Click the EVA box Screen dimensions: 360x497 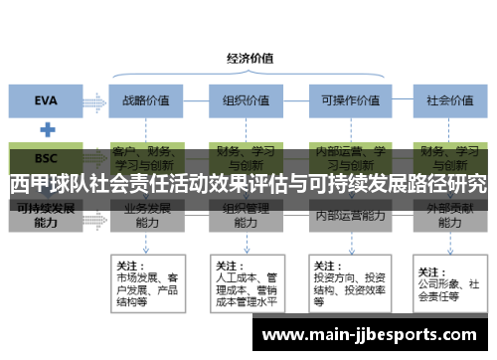pyautogui.click(x=46, y=99)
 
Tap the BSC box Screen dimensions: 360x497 pyautogui.click(x=46, y=158)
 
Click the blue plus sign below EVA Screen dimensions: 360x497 pyautogui.click(x=46, y=129)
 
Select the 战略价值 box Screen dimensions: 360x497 pyautogui.click(x=146, y=99)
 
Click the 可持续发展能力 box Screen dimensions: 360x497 pyautogui.click(x=46, y=216)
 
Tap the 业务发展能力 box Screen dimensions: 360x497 pyautogui.click(x=146, y=217)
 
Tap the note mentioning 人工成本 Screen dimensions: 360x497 pyautogui.click(x=244, y=283)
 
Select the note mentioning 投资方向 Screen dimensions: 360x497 pyautogui.click(x=347, y=283)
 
